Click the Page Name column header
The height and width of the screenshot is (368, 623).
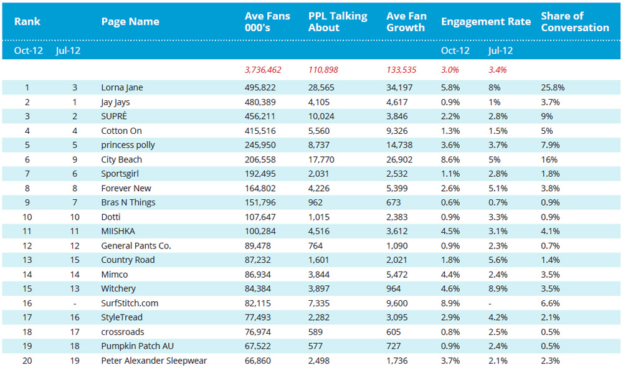(130, 21)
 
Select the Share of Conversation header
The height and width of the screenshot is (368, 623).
(575, 21)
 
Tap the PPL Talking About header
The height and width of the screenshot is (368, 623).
(338, 21)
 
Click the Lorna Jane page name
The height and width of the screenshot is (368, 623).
(122, 87)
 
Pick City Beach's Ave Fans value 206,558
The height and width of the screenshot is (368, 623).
(260, 159)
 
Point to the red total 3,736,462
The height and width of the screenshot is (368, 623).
(263, 70)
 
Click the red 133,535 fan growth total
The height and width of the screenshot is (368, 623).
(401, 70)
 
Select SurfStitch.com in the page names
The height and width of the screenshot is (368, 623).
(130, 303)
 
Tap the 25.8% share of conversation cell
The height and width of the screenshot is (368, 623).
(553, 87)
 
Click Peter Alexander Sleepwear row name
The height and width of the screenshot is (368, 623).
(154, 361)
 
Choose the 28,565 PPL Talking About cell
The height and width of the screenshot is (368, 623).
(321, 87)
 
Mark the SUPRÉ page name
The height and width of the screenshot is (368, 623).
(114, 116)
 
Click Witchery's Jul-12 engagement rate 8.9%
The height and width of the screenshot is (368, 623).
(498, 288)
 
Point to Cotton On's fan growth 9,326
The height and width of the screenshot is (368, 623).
(397, 131)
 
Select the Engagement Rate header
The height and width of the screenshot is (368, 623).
(486, 21)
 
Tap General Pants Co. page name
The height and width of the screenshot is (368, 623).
(136, 246)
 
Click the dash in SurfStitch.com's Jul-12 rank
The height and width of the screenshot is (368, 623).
(75, 304)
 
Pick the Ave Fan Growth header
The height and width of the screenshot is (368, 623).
(406, 21)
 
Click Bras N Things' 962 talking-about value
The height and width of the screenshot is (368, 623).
(315, 202)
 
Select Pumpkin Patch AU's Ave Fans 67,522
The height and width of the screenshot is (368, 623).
(257, 346)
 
